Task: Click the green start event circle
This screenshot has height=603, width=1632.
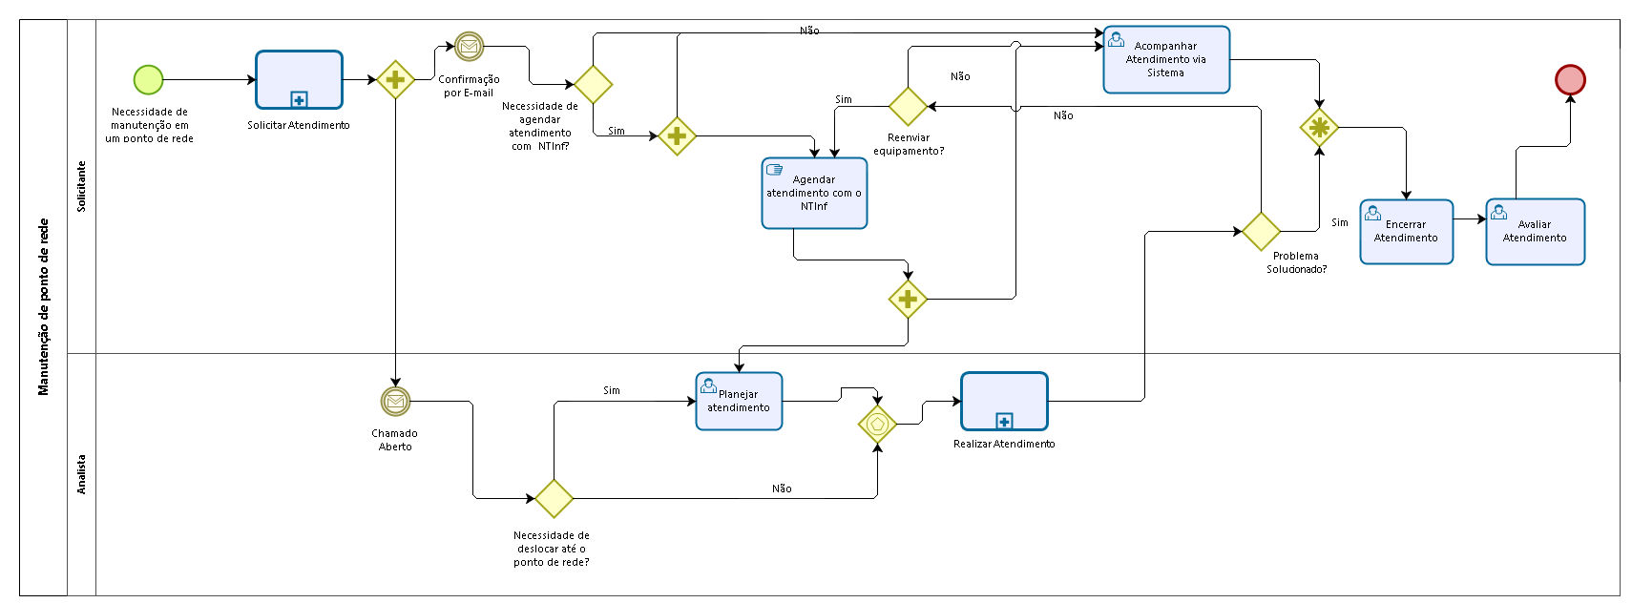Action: pos(149,79)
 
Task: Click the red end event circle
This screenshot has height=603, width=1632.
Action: pos(1570,79)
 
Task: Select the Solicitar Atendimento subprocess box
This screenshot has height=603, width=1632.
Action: pos(299,79)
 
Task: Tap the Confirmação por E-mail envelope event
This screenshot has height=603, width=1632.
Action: pos(469,47)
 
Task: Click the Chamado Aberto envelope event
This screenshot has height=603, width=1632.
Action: pos(395,401)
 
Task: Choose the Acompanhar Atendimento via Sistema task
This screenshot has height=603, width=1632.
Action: pos(1166,60)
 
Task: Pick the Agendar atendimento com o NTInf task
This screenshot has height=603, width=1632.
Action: pos(814,193)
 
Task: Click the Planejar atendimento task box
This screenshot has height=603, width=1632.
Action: pos(739,402)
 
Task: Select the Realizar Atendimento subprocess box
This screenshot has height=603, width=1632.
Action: pos(1004,402)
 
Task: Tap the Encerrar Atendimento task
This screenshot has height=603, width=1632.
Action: pos(1406,232)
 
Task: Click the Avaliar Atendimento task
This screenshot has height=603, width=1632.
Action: pos(1535,232)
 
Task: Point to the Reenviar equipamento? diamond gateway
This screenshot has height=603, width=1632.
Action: pos(908,106)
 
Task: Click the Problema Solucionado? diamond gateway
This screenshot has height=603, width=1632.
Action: pos(1261,232)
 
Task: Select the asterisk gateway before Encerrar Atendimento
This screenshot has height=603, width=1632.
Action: pos(1319,128)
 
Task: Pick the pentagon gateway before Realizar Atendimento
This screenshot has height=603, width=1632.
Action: pos(877,424)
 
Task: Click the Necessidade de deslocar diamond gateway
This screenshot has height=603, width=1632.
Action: pos(554,498)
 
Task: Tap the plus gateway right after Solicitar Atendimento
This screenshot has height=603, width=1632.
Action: pos(395,79)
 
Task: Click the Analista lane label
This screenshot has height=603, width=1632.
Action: pos(82,474)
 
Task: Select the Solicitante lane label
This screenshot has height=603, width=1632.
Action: pos(82,186)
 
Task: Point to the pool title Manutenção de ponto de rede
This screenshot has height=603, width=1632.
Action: pos(44,306)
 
